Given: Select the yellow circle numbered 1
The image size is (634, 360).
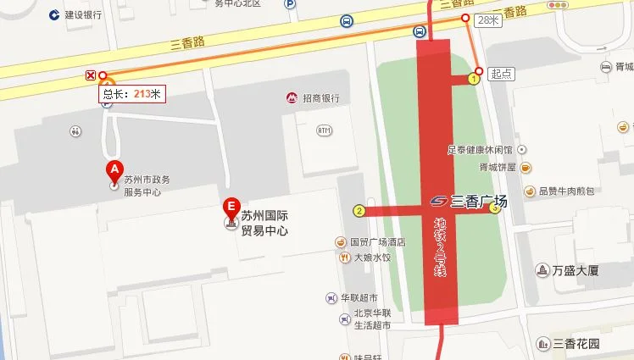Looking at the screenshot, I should pos(474,79).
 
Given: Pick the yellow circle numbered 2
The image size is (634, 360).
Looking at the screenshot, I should pos(359,211).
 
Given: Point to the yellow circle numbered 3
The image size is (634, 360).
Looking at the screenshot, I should pos(494,208).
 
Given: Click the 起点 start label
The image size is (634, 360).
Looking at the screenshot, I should pos(503,75).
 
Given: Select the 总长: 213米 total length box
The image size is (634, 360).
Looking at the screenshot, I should pos(132,95).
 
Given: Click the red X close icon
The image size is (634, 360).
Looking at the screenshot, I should pos(91,75).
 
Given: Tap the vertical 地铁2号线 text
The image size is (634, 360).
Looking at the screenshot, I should pos(440,246).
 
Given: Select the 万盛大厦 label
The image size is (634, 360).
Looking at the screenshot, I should pos(576,271).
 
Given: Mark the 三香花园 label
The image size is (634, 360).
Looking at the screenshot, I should pos(576,344).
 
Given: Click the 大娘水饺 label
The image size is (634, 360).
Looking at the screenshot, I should pos(372,257).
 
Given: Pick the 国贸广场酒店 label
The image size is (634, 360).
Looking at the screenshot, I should pos(377,241).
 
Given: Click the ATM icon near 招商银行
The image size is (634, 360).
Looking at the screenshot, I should pos(323,130).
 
